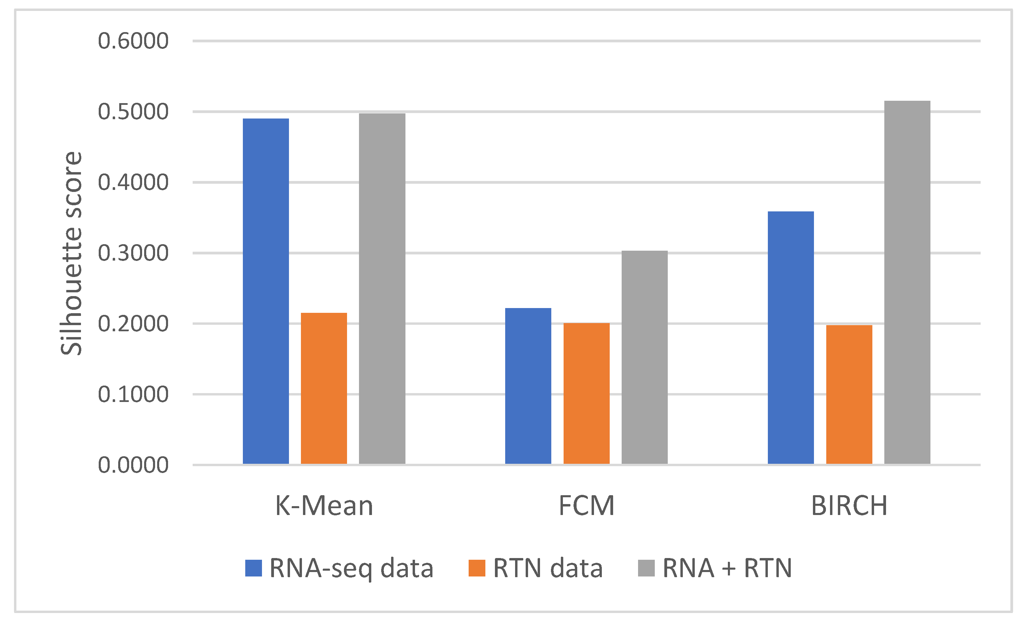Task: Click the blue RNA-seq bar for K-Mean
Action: [x=266, y=291]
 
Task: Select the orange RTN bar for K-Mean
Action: [x=324, y=388]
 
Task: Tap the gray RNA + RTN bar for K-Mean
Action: [x=382, y=289]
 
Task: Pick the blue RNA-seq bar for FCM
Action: [x=528, y=386]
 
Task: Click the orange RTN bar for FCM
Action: [x=586, y=393]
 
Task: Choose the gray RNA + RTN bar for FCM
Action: [x=644, y=357]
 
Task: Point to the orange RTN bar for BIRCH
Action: [x=849, y=394]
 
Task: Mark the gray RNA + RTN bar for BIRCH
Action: [x=907, y=282]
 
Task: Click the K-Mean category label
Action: [x=324, y=506]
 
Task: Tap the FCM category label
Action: [x=586, y=506]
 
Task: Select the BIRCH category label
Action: [x=849, y=506]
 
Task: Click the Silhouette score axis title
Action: [x=71, y=253]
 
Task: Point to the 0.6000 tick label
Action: [x=133, y=41]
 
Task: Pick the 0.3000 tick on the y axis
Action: [x=133, y=253]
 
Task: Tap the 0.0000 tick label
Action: [x=133, y=465]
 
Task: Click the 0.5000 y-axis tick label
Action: [x=133, y=112]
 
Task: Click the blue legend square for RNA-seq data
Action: [x=253, y=568]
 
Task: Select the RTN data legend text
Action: [x=548, y=568]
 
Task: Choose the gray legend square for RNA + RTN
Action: [x=646, y=568]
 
